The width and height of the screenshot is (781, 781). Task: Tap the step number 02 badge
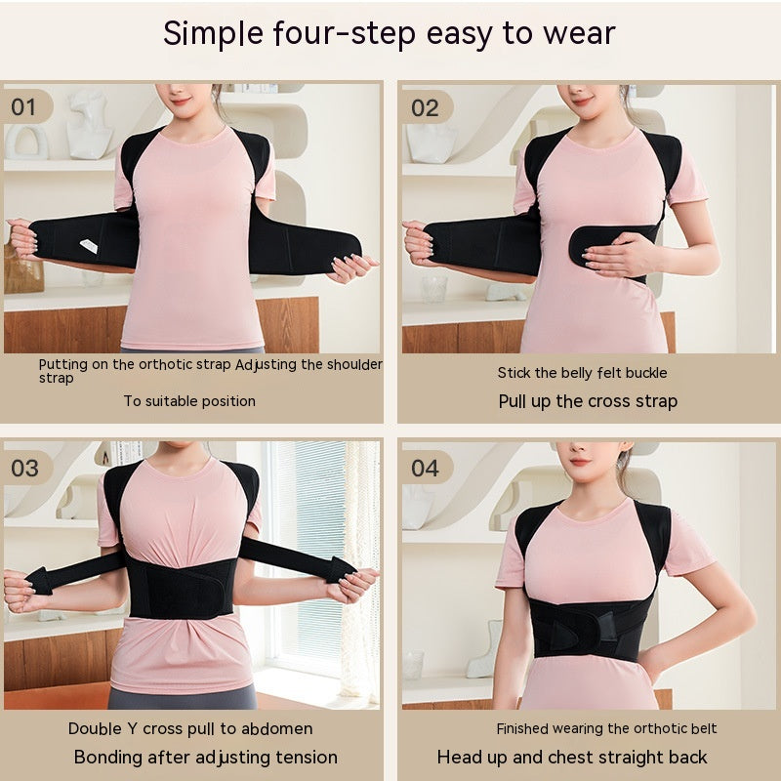tap(425, 106)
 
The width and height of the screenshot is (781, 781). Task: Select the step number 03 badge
tap(25, 467)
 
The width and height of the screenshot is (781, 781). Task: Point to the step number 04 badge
tap(425, 467)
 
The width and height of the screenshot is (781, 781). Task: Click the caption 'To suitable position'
tap(189, 400)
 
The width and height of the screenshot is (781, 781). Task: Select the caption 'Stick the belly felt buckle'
tap(583, 372)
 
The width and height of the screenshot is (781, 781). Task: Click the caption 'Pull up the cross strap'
tap(588, 400)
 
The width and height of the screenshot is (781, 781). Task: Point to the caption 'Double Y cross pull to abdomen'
tap(190, 728)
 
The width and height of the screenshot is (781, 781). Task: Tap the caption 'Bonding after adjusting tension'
tap(206, 757)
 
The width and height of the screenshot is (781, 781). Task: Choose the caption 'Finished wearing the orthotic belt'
tap(606, 728)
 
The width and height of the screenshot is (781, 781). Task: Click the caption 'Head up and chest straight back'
tap(572, 757)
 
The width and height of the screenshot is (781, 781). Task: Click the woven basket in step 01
tap(21, 273)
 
